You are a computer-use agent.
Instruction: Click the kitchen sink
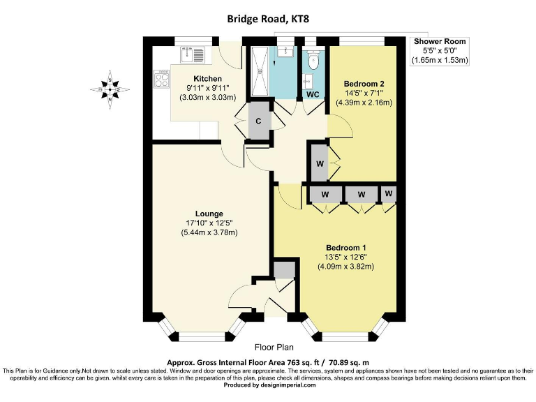tap(191, 54)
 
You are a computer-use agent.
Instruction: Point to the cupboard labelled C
tap(259, 120)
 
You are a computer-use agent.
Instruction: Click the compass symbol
tap(110, 89)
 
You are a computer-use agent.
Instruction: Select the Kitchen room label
tap(208, 78)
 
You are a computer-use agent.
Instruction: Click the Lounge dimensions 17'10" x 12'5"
tap(209, 223)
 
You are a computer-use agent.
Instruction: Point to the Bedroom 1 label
tap(346, 248)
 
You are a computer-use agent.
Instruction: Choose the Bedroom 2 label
tap(364, 83)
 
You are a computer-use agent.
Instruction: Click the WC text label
tap(313, 94)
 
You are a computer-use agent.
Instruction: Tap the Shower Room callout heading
tap(439, 42)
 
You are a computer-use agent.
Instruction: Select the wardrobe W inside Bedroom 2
tap(319, 164)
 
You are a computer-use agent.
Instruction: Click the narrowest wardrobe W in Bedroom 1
tap(389, 193)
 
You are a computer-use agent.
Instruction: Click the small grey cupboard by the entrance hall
tap(283, 269)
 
